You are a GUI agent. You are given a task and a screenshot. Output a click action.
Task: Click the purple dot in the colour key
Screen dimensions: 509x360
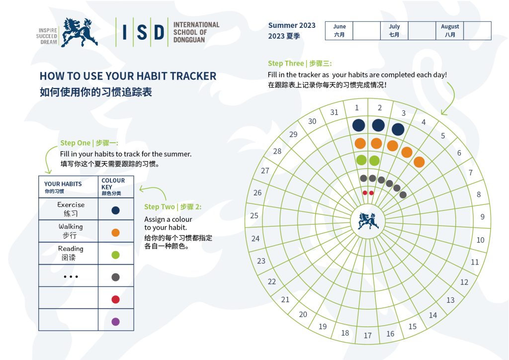tap(115, 322)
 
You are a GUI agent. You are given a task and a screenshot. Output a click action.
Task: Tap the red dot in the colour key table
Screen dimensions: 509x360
tap(115, 299)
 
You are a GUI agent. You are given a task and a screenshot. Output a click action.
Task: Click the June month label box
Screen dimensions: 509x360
tap(339, 31)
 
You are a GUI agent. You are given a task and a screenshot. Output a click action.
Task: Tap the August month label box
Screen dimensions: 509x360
tap(450, 31)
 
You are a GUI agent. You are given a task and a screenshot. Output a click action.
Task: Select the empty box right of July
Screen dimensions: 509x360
tap(422, 31)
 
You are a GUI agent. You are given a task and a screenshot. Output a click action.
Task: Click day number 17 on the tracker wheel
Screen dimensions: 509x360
tap(367, 335)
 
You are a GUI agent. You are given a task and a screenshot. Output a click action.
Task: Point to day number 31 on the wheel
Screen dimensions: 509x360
tap(334, 112)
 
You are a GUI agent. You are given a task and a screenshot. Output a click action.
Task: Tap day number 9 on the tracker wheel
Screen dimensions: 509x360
tap(482, 216)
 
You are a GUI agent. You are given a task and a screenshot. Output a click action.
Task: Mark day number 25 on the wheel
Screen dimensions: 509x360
tap(254, 215)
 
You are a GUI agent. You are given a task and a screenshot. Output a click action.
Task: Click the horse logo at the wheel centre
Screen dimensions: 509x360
tap(368, 221)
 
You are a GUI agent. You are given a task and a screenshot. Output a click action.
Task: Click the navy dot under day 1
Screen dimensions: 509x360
tap(359, 125)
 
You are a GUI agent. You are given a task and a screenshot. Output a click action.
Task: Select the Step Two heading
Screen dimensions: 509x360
tap(172, 207)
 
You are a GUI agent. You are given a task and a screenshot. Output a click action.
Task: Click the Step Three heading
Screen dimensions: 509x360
tap(300, 63)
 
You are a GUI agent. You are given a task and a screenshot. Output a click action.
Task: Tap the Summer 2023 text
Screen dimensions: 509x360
tap(291, 25)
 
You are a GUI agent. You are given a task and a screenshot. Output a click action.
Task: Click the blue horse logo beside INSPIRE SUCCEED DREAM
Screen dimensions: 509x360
tap(79, 32)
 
